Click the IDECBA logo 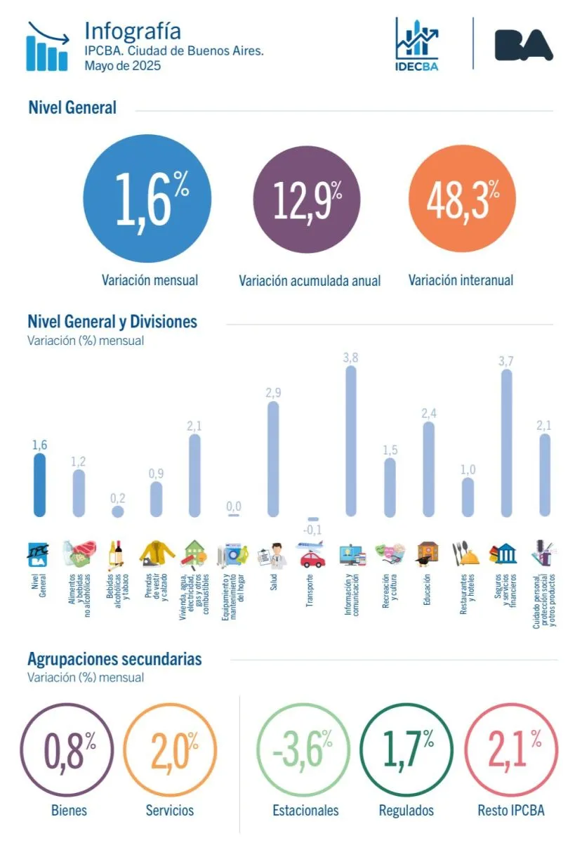point(417,44)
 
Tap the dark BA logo point(523,44)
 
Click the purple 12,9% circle point(306,200)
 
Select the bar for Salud point(273,459)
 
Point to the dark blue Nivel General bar point(40,485)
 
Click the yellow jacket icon point(157,553)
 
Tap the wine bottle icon point(117,554)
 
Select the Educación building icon point(428,554)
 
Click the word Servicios point(170,810)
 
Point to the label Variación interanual point(461,280)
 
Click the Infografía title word point(132,31)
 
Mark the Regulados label point(406,810)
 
